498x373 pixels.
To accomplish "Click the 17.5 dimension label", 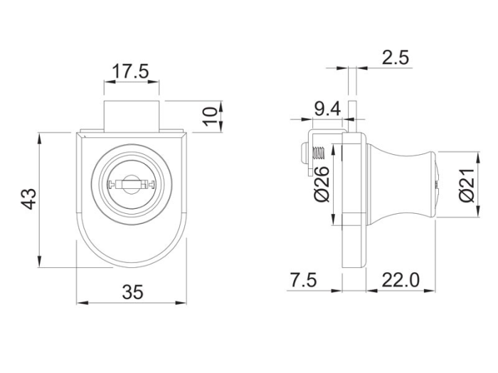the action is pyautogui.click(x=131, y=71).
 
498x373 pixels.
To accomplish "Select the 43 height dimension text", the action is pyautogui.click(x=29, y=199).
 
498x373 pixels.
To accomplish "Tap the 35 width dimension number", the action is pyautogui.click(x=133, y=292).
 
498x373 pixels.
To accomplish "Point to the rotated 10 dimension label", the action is pyautogui.click(x=211, y=117).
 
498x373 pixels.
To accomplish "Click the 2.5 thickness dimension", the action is pyautogui.click(x=395, y=58).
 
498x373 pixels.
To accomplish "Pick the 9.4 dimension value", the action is pyautogui.click(x=327, y=109).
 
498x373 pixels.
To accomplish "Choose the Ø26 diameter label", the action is pyautogui.click(x=322, y=184).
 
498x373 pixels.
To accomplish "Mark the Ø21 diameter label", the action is pyautogui.click(x=467, y=185).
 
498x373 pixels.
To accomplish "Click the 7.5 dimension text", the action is pyautogui.click(x=304, y=280).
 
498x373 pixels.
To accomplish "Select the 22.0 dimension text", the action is pyautogui.click(x=401, y=280).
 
